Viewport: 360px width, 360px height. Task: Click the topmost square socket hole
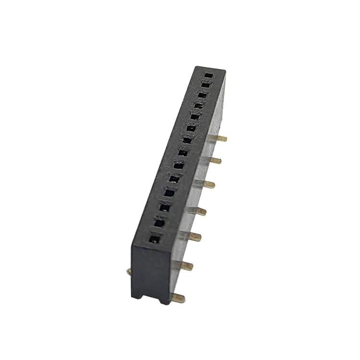point(207,75)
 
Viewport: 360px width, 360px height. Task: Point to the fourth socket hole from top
point(198,105)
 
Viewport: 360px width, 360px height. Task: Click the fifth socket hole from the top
point(194,116)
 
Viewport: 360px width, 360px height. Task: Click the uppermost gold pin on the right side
point(221,138)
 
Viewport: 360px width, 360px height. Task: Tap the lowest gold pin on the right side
point(179,298)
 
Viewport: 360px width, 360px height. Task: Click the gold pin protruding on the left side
point(129,272)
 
